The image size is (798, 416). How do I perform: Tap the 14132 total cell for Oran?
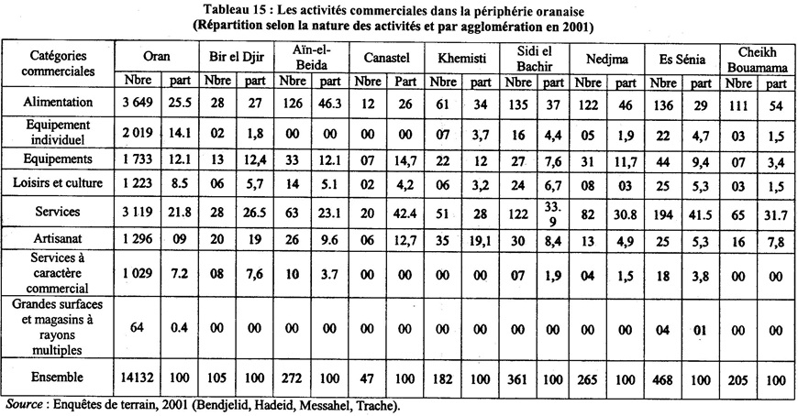click(135, 377)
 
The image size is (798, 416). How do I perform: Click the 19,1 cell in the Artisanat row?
click(482, 240)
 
